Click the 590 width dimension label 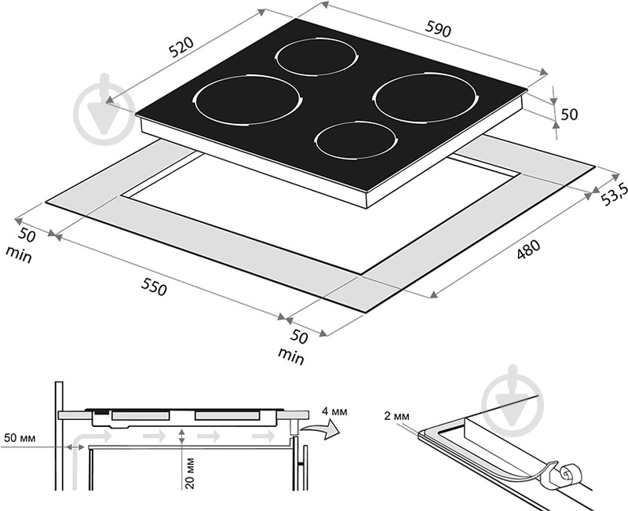click(438, 29)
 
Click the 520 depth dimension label click(181, 47)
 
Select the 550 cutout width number click(153, 287)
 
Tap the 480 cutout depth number click(528, 250)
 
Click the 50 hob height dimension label click(569, 115)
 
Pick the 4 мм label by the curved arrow click(334, 411)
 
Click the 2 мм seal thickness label click(396, 416)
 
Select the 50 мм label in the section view click(20, 438)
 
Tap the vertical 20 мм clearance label click(190, 473)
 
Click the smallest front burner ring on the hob click(356, 141)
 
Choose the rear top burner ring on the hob click(316, 57)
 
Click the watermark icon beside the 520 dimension click(104, 109)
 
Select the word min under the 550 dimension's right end click(291, 356)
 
